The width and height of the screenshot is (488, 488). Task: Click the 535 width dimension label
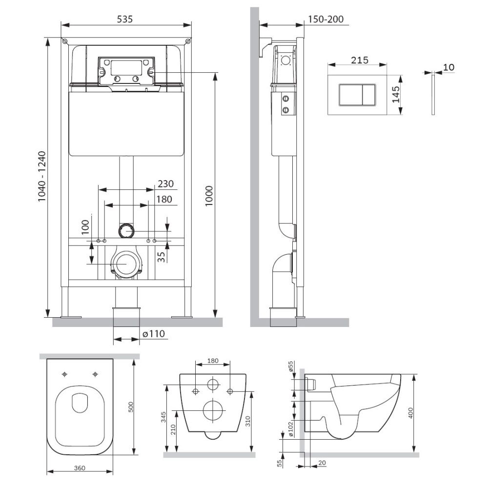point(125,19)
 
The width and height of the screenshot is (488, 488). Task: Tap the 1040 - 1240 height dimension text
point(41,176)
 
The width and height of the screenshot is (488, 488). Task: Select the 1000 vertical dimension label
point(209,196)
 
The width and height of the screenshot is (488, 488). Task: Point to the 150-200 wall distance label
point(326,19)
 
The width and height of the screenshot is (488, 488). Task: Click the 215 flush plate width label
point(360,60)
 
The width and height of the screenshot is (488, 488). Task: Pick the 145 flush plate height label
point(396,95)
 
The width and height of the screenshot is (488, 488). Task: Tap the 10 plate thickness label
point(448,67)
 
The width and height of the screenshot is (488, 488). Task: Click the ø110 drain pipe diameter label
point(153,334)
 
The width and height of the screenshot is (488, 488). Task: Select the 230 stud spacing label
point(165,183)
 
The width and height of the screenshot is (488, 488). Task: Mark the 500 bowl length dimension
point(131,407)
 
